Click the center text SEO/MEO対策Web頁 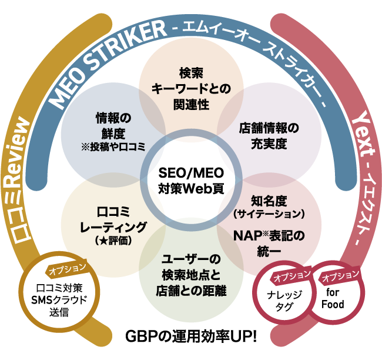pos(190,181)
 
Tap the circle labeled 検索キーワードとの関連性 pos(190,88)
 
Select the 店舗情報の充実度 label pos(269,135)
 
